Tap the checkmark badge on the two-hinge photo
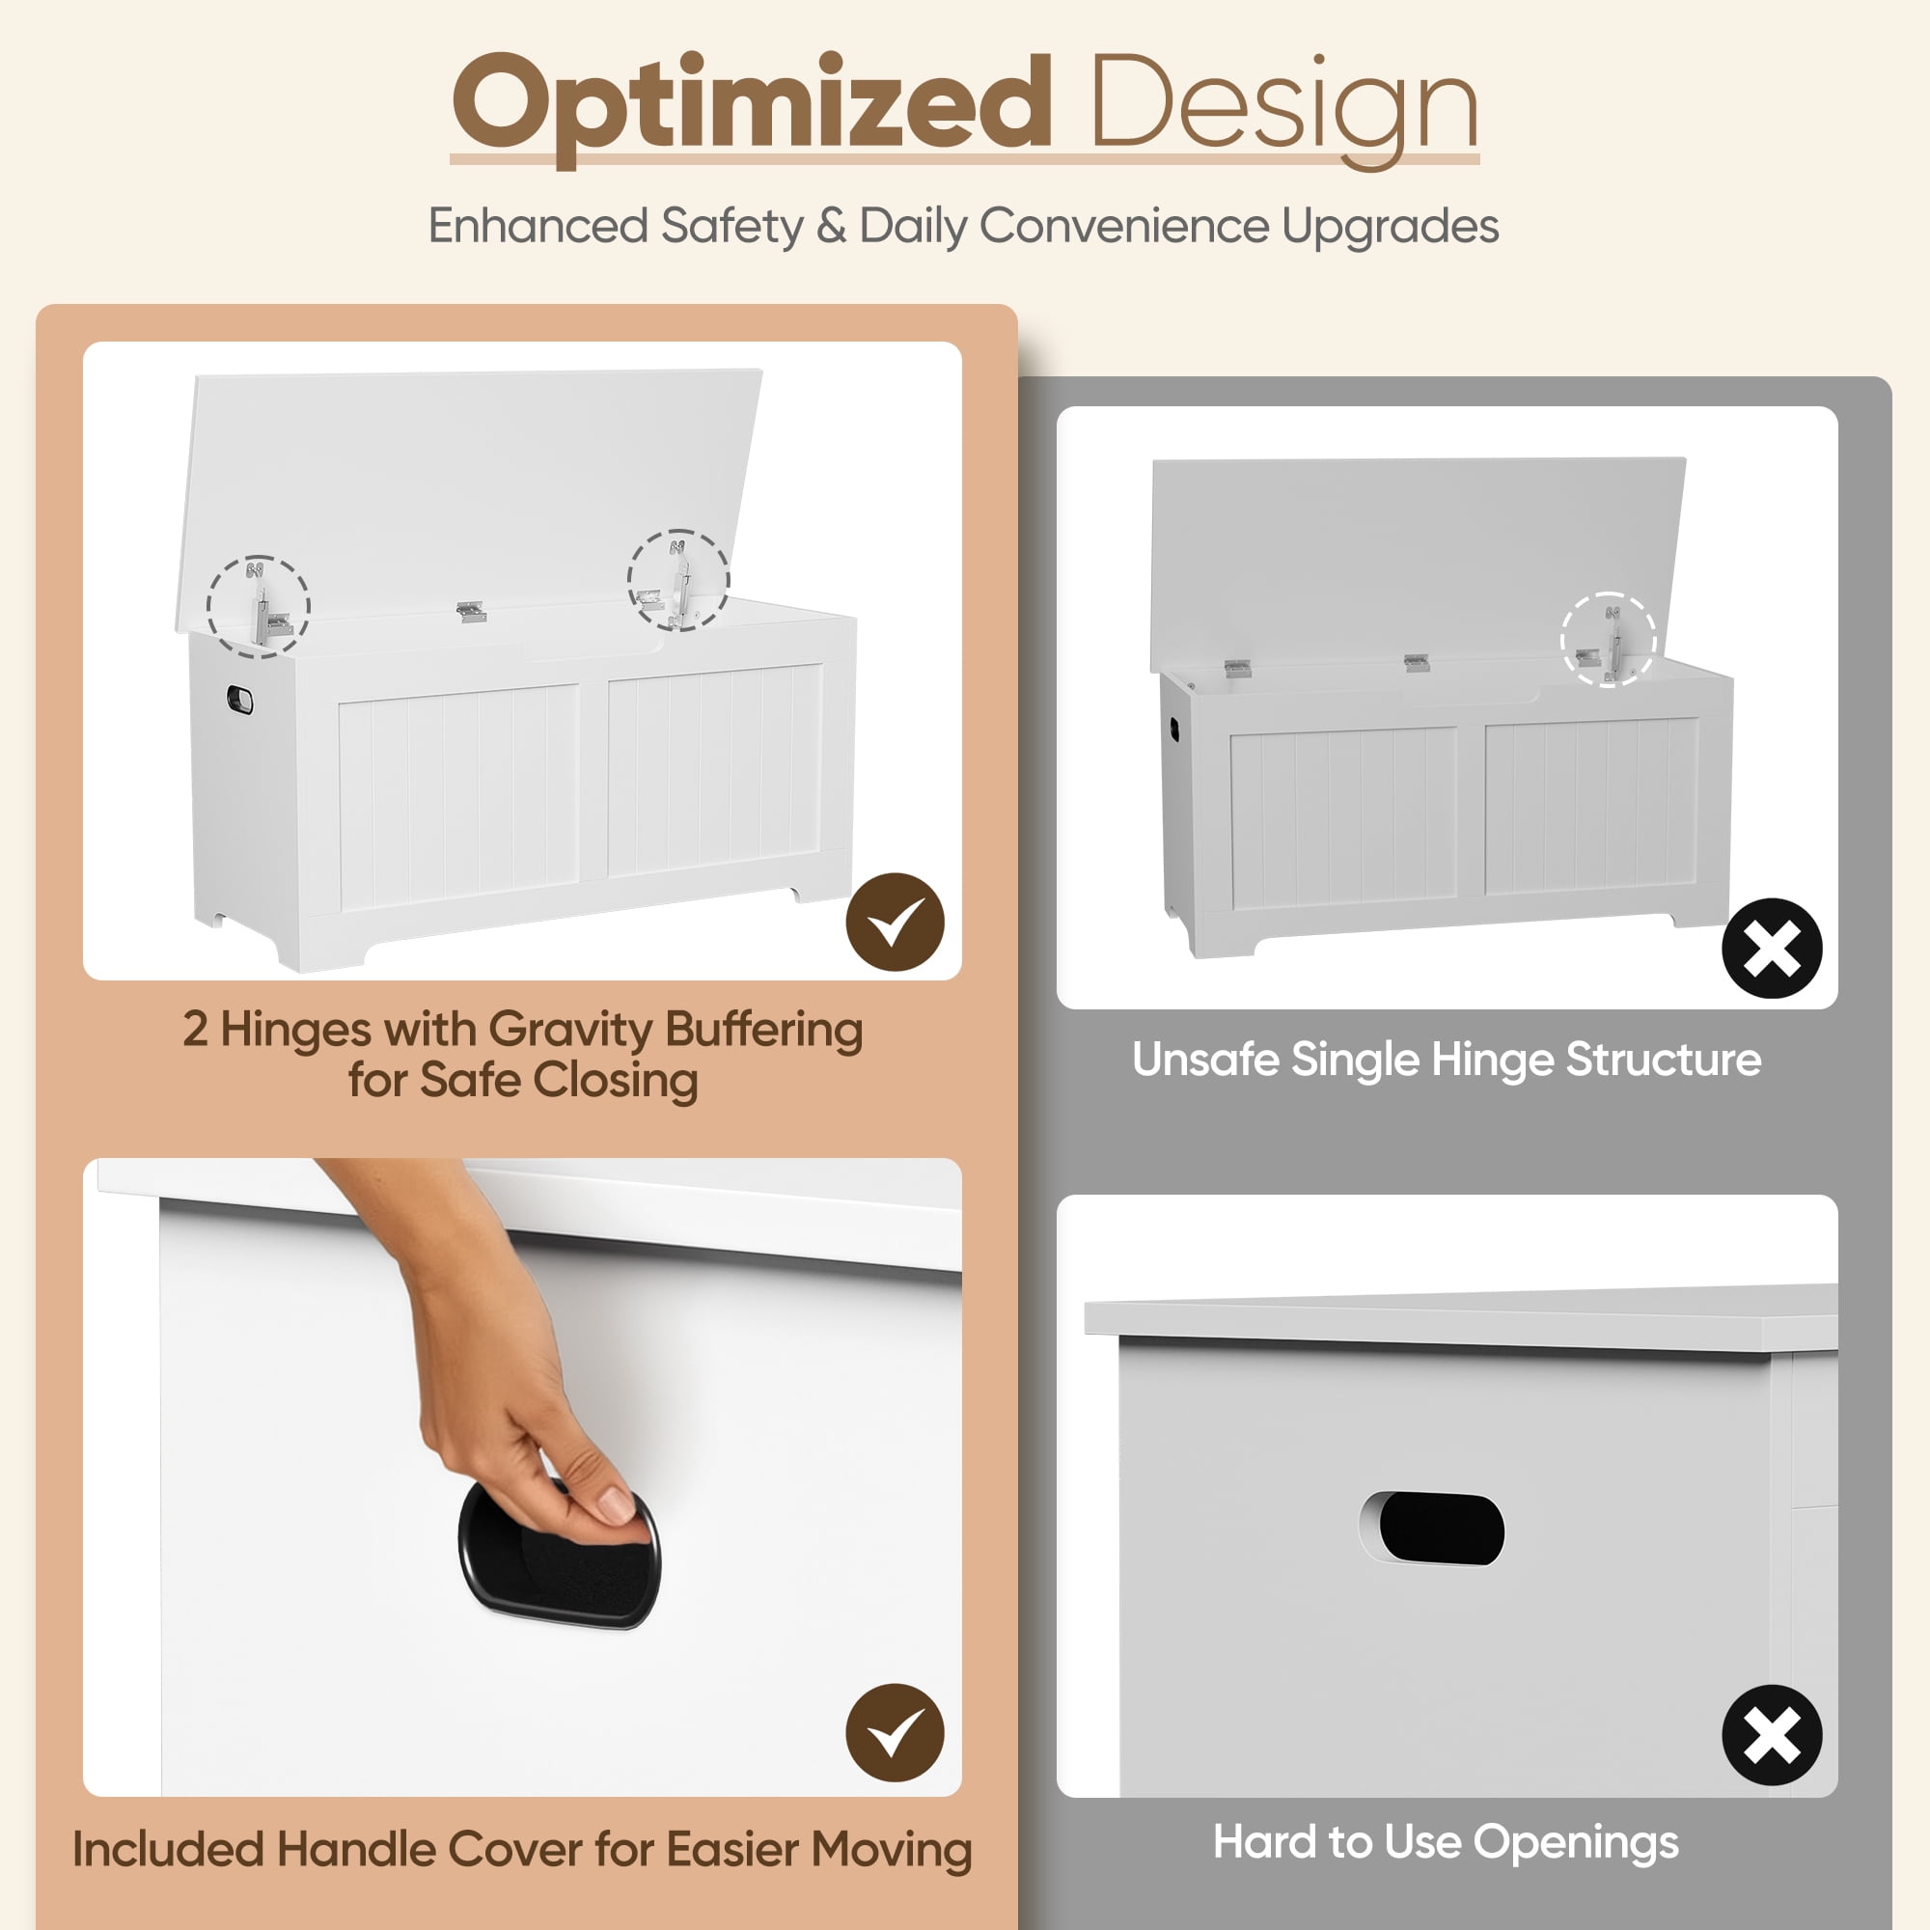(x=896, y=922)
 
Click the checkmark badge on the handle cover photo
(x=896, y=1733)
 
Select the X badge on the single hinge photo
(x=1772, y=948)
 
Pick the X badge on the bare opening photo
(x=1772, y=1735)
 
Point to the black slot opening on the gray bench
(x=1442, y=1530)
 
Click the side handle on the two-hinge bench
(x=240, y=701)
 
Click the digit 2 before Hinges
(x=195, y=1029)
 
